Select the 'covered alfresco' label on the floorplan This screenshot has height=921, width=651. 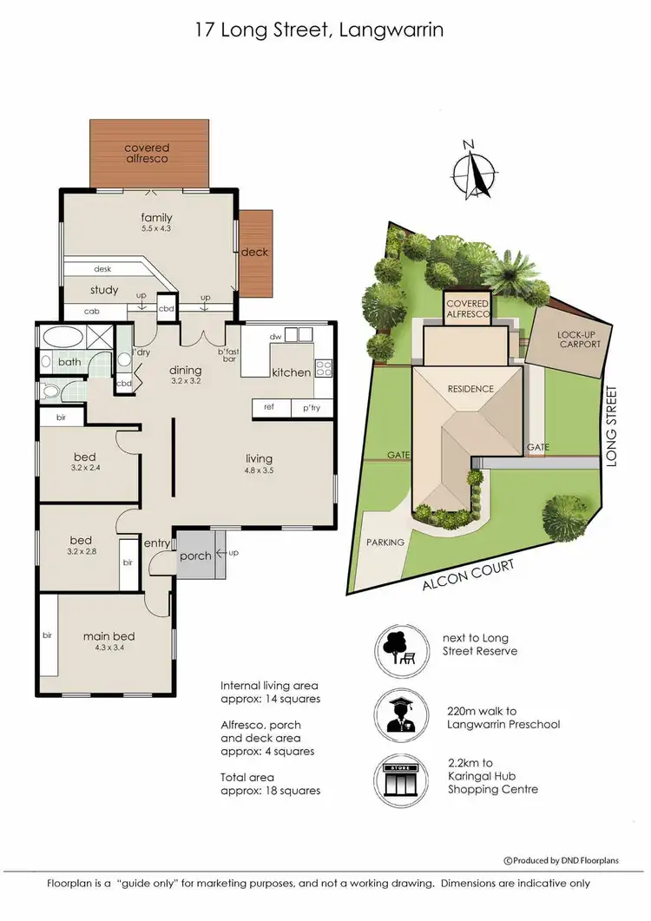point(146,154)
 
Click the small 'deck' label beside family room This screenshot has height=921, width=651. point(255,253)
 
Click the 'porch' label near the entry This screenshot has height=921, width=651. point(195,556)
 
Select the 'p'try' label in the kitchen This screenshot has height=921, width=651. point(312,407)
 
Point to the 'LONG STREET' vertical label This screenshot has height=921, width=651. point(611,427)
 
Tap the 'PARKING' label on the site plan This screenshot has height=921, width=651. point(385,542)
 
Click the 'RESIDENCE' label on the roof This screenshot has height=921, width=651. point(470,389)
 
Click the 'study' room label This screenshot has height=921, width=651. point(103,290)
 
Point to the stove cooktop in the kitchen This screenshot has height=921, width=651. point(325,367)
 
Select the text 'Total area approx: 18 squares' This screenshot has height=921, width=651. point(270,783)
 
